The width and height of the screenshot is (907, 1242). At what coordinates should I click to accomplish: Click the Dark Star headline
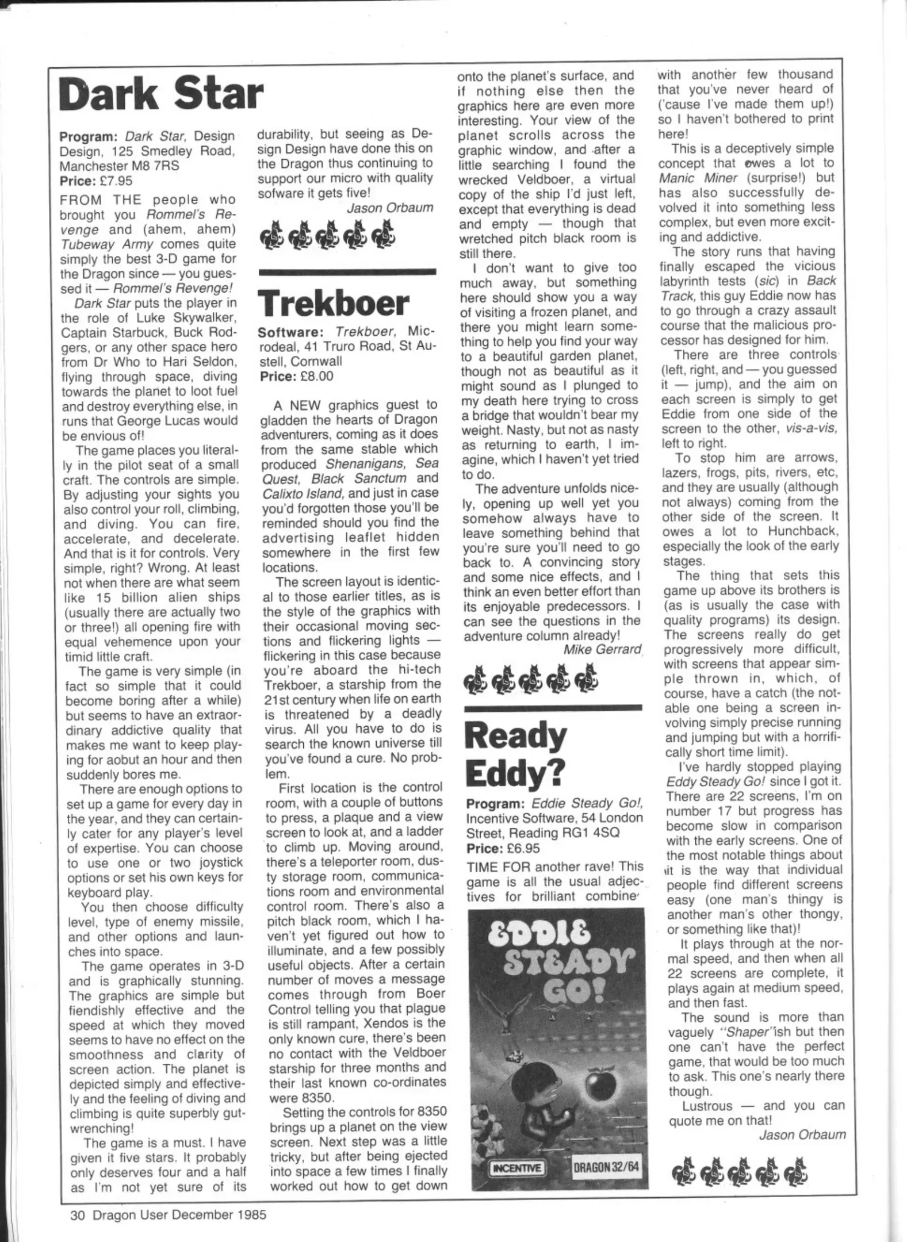click(161, 95)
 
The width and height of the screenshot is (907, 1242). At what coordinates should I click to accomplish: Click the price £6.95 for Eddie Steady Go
click(520, 848)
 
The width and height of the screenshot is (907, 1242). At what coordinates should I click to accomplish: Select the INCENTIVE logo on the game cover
click(515, 1168)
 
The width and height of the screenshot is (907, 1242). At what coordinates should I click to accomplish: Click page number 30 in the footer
click(77, 1215)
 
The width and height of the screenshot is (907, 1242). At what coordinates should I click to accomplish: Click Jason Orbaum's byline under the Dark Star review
click(390, 208)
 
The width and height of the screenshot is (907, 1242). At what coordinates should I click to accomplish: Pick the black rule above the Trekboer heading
click(347, 271)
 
